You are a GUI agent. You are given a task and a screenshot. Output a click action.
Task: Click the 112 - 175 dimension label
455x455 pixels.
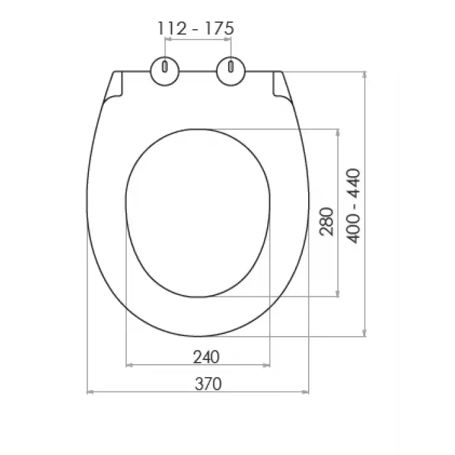(x=196, y=29)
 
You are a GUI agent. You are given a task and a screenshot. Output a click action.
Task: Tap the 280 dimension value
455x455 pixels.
(x=326, y=222)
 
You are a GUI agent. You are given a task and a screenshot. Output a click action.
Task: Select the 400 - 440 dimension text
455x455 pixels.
(x=354, y=206)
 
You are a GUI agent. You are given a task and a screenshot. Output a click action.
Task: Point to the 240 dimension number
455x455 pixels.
(x=206, y=357)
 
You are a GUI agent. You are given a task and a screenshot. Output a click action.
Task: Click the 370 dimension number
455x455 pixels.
(x=208, y=384)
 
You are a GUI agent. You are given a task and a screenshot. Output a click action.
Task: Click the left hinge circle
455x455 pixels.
(x=165, y=71)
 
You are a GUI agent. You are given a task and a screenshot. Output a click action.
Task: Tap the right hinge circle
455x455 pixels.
(x=231, y=71)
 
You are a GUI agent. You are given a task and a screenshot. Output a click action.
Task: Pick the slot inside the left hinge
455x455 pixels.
(x=165, y=67)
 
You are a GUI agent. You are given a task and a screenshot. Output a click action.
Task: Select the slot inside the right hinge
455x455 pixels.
(x=231, y=67)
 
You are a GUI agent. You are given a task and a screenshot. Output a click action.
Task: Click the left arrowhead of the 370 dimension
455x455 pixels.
(x=90, y=392)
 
